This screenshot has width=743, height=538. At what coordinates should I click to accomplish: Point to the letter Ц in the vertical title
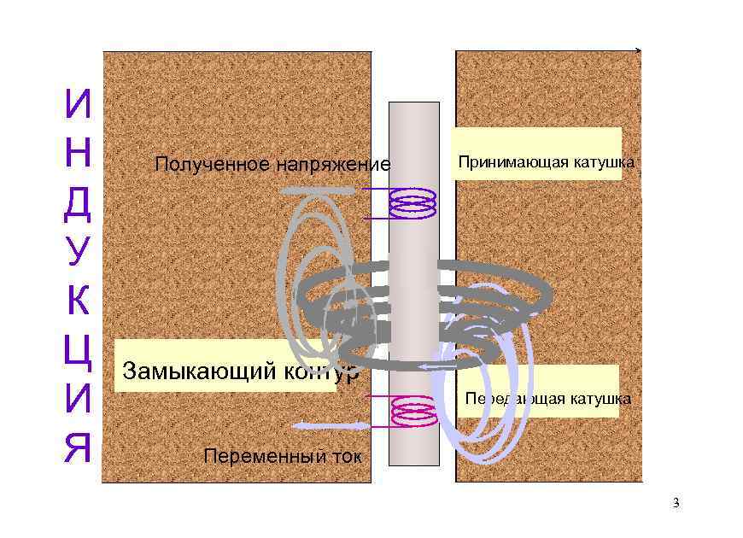click(x=78, y=350)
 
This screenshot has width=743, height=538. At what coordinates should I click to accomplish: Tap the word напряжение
click(x=331, y=164)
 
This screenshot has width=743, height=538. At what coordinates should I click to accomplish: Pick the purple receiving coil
click(x=413, y=203)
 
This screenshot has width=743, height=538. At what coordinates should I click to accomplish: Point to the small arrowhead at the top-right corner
click(x=637, y=51)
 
